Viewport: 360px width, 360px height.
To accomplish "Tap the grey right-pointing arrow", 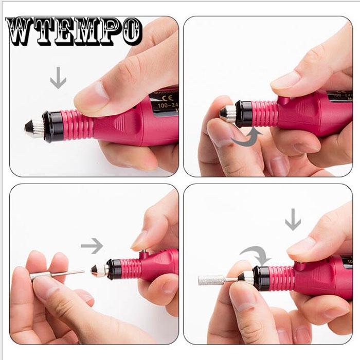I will (x=92, y=246).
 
